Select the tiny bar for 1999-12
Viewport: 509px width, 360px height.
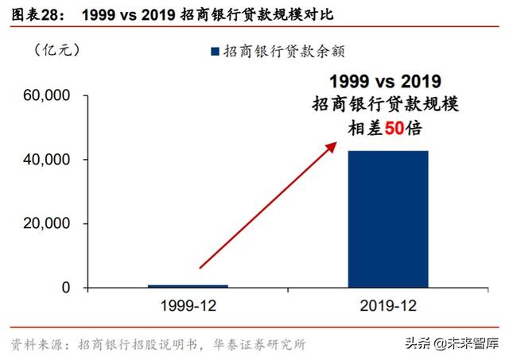pos(188,285)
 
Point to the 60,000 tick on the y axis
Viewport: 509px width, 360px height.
pos(50,95)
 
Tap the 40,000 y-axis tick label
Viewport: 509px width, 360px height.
pos(50,160)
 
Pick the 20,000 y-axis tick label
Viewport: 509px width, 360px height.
pos(50,223)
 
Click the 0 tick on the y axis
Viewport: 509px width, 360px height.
pos(67,288)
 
